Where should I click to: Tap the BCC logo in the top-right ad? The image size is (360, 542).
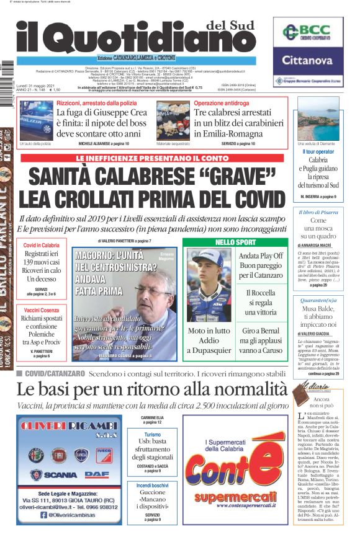pyautogui.click(x=307, y=32)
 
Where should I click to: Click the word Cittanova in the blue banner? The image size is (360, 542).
pyautogui.click(x=308, y=60)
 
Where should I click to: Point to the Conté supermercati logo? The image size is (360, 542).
pyautogui.click(x=235, y=474)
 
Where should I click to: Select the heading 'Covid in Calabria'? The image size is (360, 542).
pyautogui.click(x=42, y=245)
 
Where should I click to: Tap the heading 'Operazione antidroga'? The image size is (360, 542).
pyautogui.click(x=222, y=102)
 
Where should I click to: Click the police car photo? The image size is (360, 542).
pyautogui.click(x=35, y=122)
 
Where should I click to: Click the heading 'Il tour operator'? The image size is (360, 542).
pyautogui.click(x=318, y=152)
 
